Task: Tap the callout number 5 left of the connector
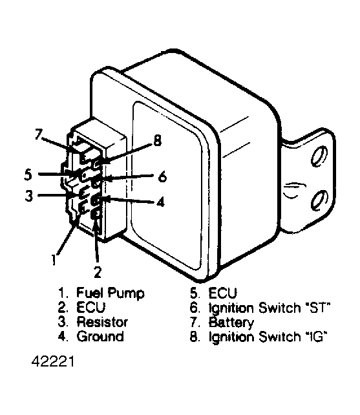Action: coord(28,175)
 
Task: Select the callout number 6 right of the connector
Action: coord(162,175)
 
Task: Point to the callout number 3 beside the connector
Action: coord(28,195)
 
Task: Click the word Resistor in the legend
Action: coord(103,323)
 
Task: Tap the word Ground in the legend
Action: coord(100,337)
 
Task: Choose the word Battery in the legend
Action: coord(231,323)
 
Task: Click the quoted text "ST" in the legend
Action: coord(318,308)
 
